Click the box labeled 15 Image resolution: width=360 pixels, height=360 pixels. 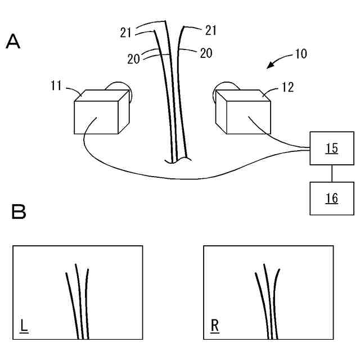331,149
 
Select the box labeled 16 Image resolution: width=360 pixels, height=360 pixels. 332,198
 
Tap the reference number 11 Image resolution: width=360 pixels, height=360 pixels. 56,85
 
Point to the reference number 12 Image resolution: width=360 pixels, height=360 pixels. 287,87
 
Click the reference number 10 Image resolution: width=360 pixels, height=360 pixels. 301,54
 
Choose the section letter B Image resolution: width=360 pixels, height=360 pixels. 18,211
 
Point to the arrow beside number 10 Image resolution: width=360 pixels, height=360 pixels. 276,63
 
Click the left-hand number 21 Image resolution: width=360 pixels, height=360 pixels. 126,32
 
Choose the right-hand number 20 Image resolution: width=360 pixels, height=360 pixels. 206,53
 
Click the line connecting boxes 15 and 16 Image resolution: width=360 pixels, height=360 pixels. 332,174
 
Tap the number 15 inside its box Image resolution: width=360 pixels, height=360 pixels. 332,148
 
